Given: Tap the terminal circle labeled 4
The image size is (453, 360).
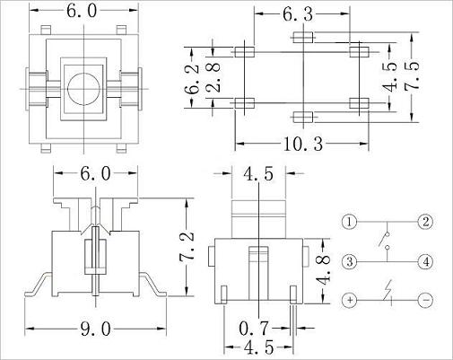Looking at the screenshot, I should click(x=426, y=261).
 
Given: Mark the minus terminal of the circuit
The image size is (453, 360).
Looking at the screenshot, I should click(x=426, y=299).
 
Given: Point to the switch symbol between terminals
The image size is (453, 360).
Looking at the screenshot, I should click(x=388, y=241).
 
